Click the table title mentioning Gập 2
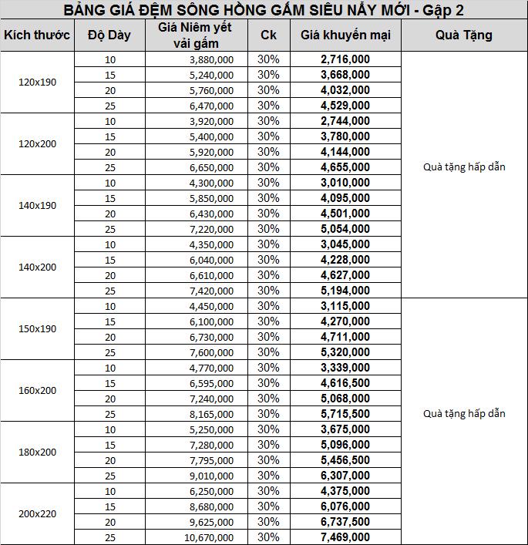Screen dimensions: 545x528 [264, 10]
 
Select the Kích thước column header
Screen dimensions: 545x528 [37, 35]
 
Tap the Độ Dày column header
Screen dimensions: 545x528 [109, 35]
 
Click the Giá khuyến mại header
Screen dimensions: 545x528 [345, 35]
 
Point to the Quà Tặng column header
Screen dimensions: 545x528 [464, 35]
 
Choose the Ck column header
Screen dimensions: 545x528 [268, 35]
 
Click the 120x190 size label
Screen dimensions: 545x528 [37, 82]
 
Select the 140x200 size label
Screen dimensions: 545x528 [37, 267]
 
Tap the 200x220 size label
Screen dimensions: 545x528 [37, 514]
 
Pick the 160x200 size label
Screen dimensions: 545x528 [37, 391]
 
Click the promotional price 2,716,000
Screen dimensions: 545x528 [345, 59]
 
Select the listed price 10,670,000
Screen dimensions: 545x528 [207, 537]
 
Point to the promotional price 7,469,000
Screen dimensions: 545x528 [345, 537]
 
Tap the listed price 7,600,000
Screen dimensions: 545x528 [210, 352]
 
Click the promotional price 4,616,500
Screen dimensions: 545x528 [345, 383]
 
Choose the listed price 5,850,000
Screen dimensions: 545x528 [210, 198]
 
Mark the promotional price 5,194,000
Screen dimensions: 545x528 [345, 291]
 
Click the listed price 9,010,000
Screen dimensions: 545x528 [210, 476]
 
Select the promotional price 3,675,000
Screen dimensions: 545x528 [345, 429]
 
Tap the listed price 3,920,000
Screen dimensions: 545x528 [210, 121]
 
